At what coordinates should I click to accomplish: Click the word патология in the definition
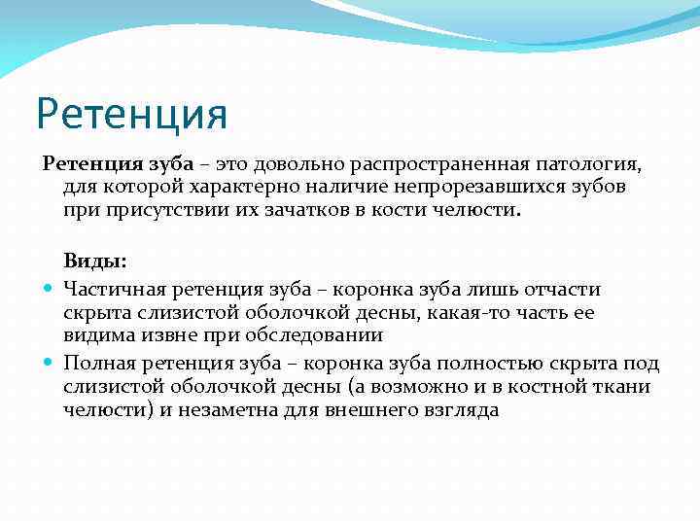[585, 161]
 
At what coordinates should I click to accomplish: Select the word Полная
[94, 364]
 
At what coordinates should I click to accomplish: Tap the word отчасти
[565, 289]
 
